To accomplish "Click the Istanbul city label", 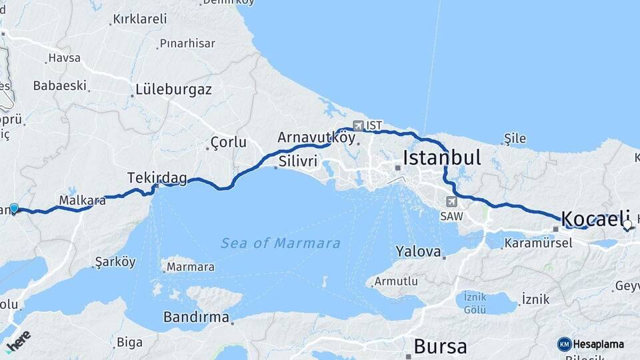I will pos(442,158).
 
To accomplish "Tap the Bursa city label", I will pos(440,346).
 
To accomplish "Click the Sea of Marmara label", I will pos(281,243).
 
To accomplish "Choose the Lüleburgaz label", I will pos(173,89).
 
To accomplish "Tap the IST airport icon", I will pos(358,125).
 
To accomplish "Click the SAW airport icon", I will pos(452,201).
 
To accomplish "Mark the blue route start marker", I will pos(14,209).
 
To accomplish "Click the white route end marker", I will pos(627,225).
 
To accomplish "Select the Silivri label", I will pos(297,161).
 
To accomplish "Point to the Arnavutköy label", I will pos(316,137).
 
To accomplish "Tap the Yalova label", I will pos(418,252).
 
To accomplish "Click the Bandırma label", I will pos(196,317).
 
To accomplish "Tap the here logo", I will pos(18,339).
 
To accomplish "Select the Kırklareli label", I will pos(140,19).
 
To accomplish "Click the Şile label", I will pos(515,139).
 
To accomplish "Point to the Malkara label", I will pos(82,199).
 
